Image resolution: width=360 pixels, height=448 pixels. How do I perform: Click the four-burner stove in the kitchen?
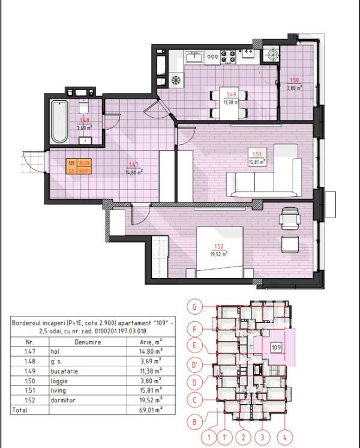(x=228, y=57)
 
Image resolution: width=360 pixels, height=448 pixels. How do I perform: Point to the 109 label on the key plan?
(x=276, y=347)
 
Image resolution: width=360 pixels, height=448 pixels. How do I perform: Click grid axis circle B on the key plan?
(x=193, y=422)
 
